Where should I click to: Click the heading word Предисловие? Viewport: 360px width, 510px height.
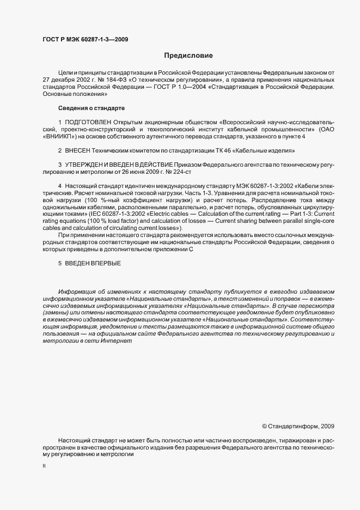coord(188,56)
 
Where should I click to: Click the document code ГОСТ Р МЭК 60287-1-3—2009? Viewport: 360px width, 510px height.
coord(86,39)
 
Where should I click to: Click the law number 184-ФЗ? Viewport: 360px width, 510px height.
coord(115,79)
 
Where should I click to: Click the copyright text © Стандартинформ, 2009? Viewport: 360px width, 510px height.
coord(298,426)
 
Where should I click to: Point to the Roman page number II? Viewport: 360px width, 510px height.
coord(44,466)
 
